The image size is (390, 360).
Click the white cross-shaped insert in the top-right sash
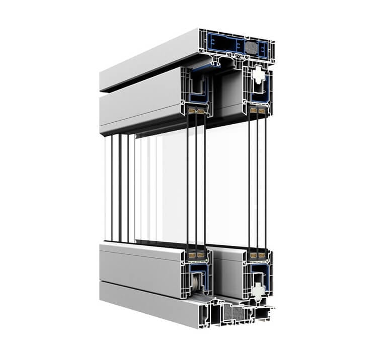point(258,76)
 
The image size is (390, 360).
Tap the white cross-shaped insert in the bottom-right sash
point(258,289)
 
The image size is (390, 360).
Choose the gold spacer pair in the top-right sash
point(257,110)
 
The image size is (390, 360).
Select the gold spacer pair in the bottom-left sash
point(196,255)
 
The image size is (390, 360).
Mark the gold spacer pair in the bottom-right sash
point(257,255)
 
